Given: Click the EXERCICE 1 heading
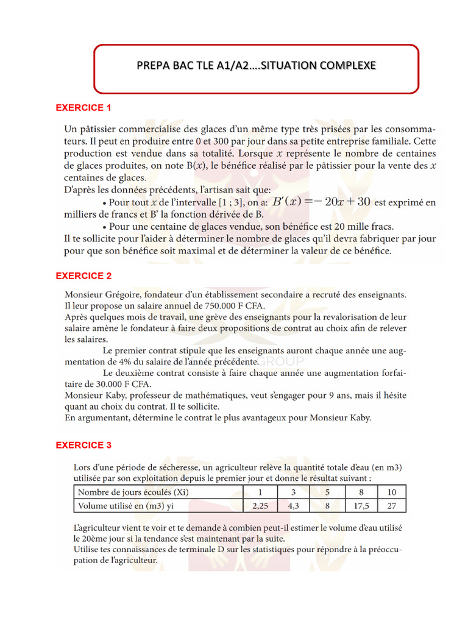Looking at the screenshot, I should (x=83, y=108).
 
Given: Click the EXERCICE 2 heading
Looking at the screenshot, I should (x=83, y=276).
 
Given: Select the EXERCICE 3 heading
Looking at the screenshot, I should (x=83, y=445).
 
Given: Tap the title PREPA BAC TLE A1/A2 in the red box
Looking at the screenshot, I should (x=257, y=65).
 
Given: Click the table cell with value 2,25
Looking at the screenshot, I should (x=260, y=505).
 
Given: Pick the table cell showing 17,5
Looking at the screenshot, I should (x=361, y=505).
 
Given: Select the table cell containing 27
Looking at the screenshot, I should (x=391, y=505).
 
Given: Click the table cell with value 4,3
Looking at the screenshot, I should (x=294, y=505).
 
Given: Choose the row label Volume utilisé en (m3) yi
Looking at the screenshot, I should (x=124, y=505).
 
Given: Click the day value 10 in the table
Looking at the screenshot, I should (x=391, y=492).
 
